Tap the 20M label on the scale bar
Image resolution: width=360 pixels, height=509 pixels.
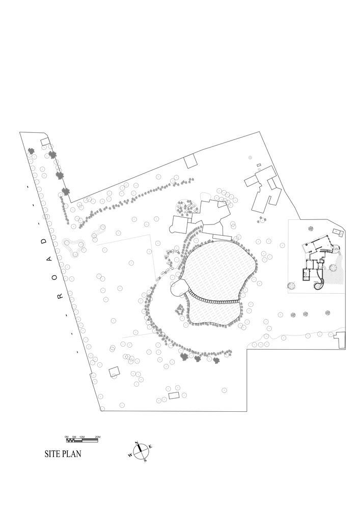pos(97,437)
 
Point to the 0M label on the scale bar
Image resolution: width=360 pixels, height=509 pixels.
pos(67,437)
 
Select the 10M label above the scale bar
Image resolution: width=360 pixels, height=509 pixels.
pos(82,437)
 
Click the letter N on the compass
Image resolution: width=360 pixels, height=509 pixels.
pos(136,443)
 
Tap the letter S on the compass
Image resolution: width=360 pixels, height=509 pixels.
pos(145,460)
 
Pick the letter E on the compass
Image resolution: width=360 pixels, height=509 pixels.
pos(150,447)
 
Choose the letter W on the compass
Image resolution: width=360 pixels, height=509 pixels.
pos(130,455)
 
